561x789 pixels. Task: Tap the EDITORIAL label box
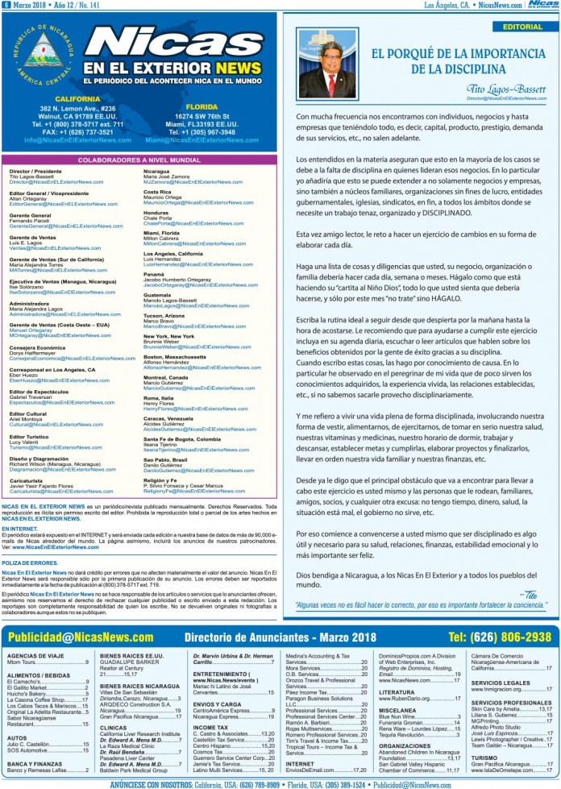click(x=522, y=27)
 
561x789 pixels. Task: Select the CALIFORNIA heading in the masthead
click(x=72, y=98)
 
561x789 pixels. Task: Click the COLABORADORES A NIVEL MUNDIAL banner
click(x=139, y=160)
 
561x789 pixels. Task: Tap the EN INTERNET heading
click(x=24, y=528)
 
